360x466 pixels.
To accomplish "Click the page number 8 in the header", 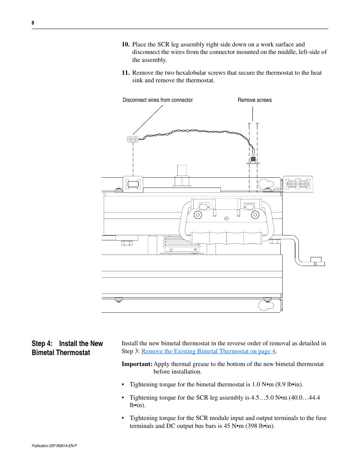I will (x=33, y=23).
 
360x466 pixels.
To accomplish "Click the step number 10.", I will (x=126, y=45).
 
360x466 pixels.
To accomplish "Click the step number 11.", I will (x=126, y=73).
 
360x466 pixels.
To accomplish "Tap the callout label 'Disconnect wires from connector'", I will (x=158, y=100).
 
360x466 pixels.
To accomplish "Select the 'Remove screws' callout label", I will (x=255, y=100).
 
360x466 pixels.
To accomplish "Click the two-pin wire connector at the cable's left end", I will (x=133, y=139).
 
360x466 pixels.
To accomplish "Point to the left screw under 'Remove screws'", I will (x=249, y=124).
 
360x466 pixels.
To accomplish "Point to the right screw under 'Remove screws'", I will (x=257, y=124).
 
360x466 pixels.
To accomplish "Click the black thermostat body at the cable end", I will (x=253, y=159).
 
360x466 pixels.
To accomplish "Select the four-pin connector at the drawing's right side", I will (x=298, y=184).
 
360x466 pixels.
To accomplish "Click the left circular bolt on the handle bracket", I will (x=198, y=215).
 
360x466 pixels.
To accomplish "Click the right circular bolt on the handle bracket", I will (x=255, y=215).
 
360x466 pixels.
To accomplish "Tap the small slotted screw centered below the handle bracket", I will (x=226, y=218).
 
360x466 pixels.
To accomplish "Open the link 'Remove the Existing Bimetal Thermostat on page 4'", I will (x=208, y=351).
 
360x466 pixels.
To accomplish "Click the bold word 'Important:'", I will (x=137, y=364).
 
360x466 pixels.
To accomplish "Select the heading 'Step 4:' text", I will (x=42, y=344).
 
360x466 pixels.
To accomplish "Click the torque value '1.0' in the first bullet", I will (x=256, y=384).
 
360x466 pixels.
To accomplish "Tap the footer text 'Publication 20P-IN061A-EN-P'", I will (x=54, y=446).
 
